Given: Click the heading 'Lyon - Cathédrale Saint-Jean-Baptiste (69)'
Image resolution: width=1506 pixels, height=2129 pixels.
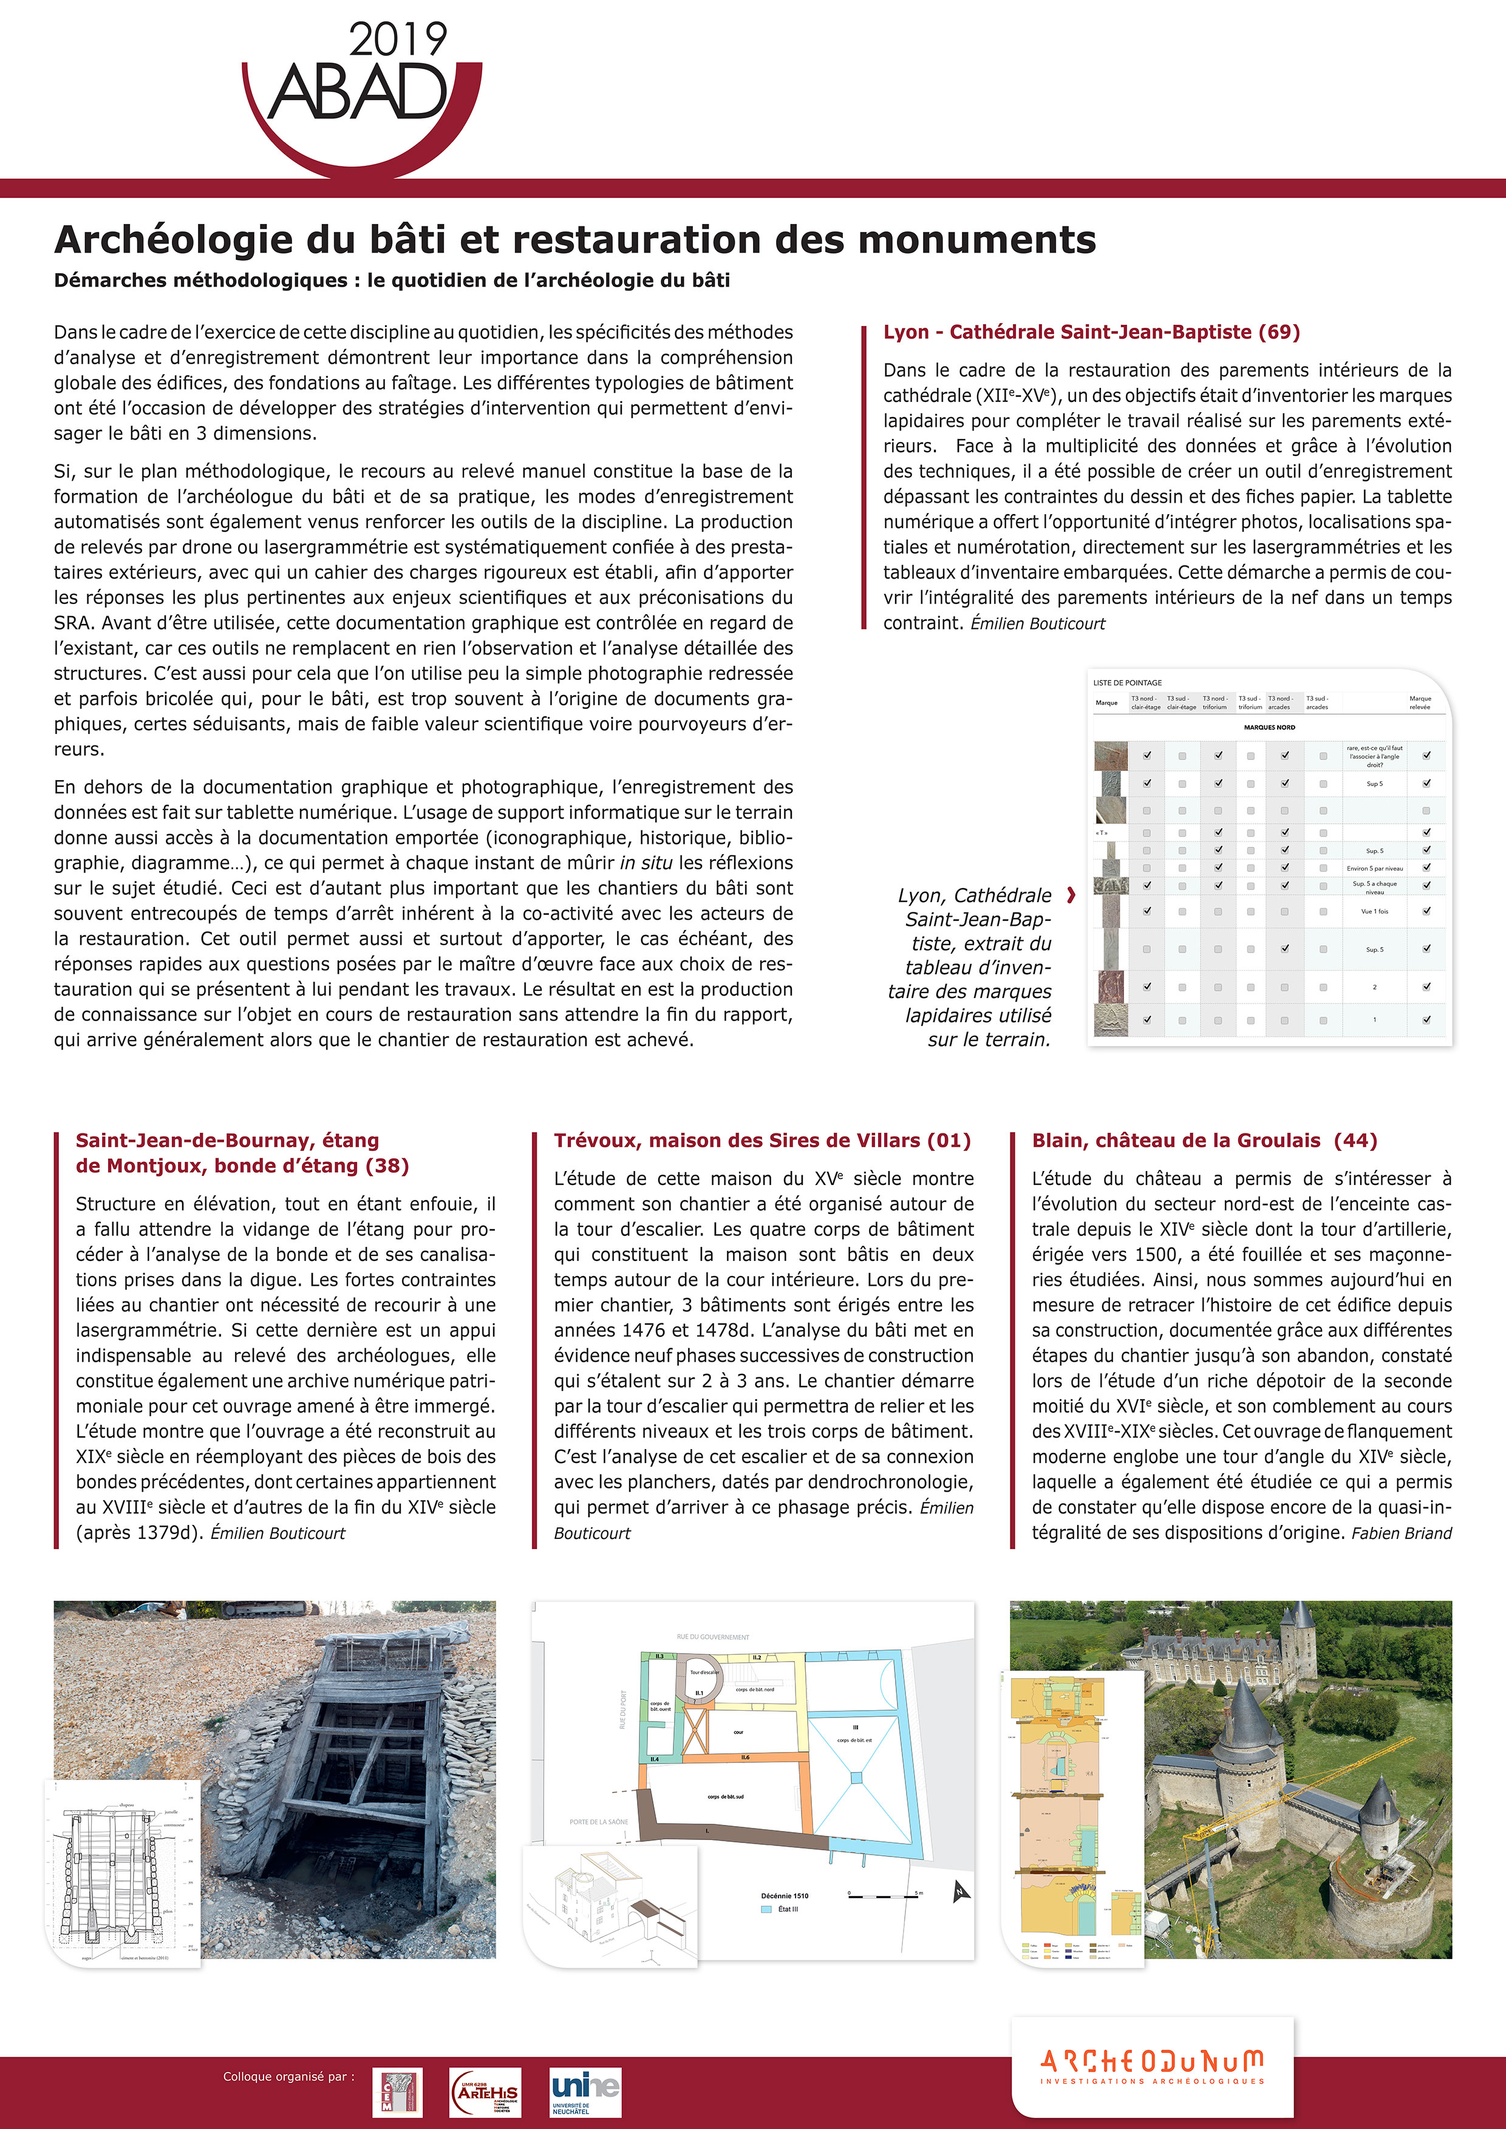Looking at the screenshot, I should pyautogui.click(x=1091, y=332).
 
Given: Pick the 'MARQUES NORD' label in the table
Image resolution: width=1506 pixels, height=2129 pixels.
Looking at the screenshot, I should pyautogui.click(x=1270, y=728).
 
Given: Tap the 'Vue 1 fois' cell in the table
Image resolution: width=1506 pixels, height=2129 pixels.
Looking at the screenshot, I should pyautogui.click(x=1374, y=911).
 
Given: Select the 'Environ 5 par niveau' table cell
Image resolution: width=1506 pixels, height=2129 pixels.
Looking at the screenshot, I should pyautogui.click(x=1374, y=869).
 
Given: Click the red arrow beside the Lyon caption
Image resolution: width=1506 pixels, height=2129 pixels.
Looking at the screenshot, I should pyautogui.click(x=1072, y=895).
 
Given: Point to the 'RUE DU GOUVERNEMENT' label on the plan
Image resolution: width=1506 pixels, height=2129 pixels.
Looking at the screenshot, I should pyautogui.click(x=712, y=1637).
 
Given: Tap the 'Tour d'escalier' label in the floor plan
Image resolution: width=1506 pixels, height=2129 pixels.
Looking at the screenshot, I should pyautogui.click(x=705, y=1672).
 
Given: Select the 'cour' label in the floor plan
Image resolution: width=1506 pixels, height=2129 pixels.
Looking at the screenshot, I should pyautogui.click(x=738, y=1732).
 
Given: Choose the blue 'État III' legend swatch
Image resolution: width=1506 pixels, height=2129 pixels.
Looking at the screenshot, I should pyautogui.click(x=766, y=1909).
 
